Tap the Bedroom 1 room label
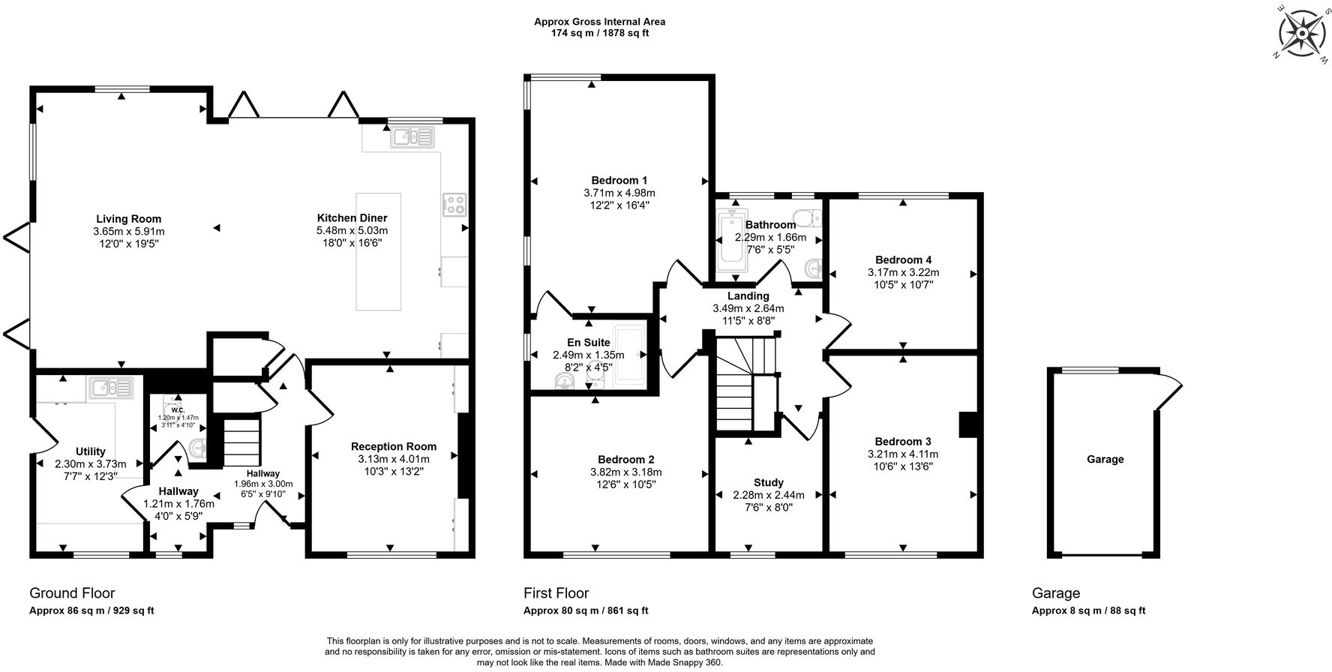click(619, 180)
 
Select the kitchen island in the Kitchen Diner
click(378, 251)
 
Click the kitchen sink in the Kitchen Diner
click(412, 137)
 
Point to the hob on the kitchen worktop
click(454, 204)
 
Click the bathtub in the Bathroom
click(728, 241)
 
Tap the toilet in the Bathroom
click(807, 218)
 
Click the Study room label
click(768, 482)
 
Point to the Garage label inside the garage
click(1105, 459)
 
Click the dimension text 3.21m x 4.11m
click(902, 454)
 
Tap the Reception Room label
click(393, 446)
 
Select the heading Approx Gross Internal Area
click(598, 22)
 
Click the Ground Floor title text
click(72, 593)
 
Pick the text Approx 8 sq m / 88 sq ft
click(1088, 610)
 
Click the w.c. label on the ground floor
click(177, 409)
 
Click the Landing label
click(748, 296)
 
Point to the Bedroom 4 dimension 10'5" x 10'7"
click(903, 284)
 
